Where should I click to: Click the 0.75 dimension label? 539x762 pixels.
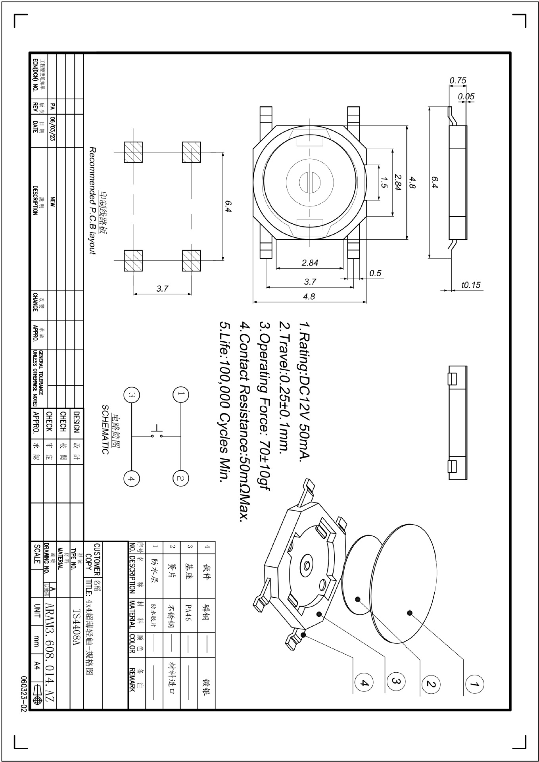pyautogui.click(x=458, y=81)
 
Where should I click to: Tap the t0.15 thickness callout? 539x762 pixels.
pyautogui.click(x=471, y=285)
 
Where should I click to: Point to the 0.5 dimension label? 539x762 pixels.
pyautogui.click(x=375, y=273)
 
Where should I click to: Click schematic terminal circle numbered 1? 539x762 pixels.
pyautogui.click(x=180, y=394)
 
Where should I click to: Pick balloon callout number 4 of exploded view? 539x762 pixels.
pyautogui.click(x=364, y=683)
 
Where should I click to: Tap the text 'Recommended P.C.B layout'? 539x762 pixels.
pyautogui.click(x=92, y=200)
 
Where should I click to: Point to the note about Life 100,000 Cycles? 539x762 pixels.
pyautogui.click(x=224, y=401)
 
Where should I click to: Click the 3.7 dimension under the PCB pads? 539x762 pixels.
pyautogui.click(x=162, y=289)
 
